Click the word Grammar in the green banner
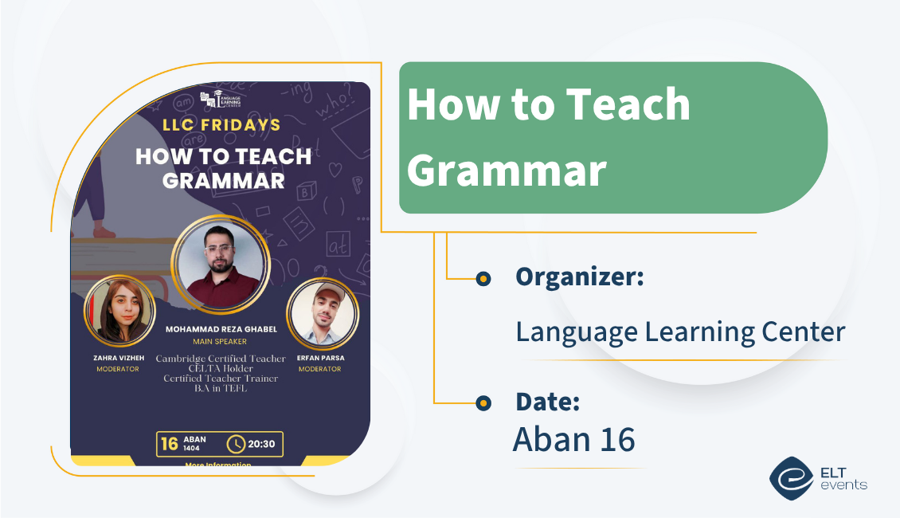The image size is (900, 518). [511, 171]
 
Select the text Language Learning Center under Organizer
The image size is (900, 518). [680, 331]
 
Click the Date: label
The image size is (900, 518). [547, 402]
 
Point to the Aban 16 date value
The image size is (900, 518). [573, 439]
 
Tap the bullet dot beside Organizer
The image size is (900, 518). [483, 278]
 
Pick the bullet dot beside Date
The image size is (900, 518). [483, 404]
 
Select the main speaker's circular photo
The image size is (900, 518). [221, 261]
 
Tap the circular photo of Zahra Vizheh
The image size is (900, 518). [119, 311]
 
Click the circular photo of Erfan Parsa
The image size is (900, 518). [322, 316]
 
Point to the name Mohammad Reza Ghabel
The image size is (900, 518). [220, 328]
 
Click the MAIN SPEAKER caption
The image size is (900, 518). [220, 342]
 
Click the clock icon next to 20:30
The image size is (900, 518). [236, 444]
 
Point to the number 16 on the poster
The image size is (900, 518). [170, 444]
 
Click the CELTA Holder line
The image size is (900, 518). [221, 369]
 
